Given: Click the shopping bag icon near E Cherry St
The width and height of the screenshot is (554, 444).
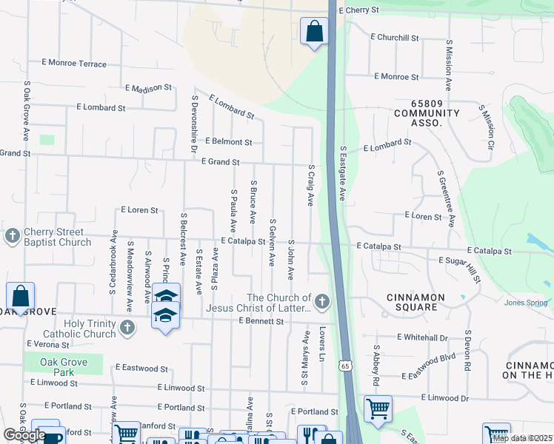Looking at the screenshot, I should [314, 32].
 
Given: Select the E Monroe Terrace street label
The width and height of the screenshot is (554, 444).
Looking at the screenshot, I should [78, 64].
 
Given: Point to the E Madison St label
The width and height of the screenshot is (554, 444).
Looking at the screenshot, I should [148, 88].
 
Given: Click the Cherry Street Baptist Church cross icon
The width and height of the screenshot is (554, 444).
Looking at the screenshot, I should [12, 236].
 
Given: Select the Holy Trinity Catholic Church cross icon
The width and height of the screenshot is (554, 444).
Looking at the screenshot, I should [127, 326].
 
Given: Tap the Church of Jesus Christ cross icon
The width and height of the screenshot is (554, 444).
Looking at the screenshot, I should [321, 301].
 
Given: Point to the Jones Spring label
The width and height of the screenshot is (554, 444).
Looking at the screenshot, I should [526, 303].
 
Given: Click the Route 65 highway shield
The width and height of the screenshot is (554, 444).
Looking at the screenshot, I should [345, 366].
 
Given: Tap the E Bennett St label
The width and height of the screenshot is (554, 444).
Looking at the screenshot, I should [261, 322].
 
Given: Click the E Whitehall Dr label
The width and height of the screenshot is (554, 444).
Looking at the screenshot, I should [422, 337].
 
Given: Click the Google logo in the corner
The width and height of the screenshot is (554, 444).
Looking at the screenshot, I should [24, 435].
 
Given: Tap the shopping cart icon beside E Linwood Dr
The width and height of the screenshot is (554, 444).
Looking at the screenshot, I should [378, 408].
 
